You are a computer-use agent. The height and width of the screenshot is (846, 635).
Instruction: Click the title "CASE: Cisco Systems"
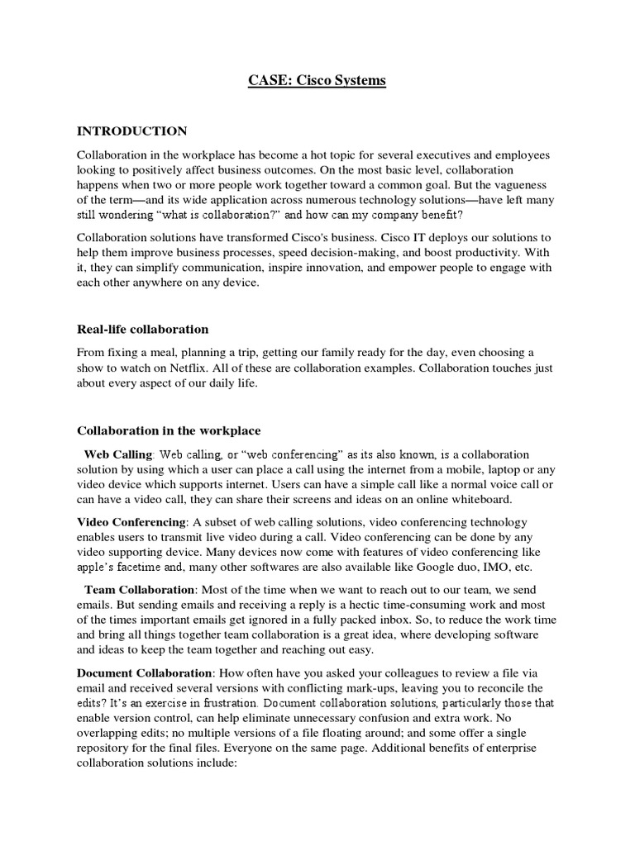317,81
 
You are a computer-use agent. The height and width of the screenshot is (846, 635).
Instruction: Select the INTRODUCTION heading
132,131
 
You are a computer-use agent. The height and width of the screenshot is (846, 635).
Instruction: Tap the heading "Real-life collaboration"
143,330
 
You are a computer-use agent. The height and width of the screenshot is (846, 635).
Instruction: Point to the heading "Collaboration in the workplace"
169,430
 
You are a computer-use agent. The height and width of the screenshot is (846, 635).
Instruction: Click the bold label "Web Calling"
119,454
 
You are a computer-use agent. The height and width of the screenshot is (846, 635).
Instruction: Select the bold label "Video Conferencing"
131,521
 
